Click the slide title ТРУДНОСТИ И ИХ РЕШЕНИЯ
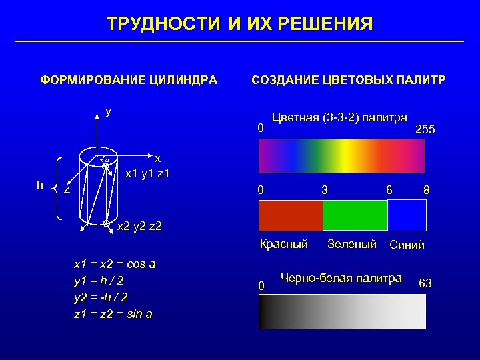click(x=240, y=25)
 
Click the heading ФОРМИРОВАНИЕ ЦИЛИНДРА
click(x=129, y=81)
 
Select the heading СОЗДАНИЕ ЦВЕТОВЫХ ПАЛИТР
click(x=349, y=81)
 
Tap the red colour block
click(x=291, y=215)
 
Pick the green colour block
click(x=355, y=215)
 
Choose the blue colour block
click(x=407, y=215)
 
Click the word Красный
click(x=283, y=244)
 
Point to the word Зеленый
click(x=352, y=244)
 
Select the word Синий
click(x=407, y=245)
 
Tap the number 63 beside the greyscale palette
click(x=425, y=283)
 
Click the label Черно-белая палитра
click(x=341, y=278)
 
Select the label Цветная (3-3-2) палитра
click(x=339, y=118)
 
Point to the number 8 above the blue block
click(x=426, y=191)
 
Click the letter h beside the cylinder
click(x=41, y=185)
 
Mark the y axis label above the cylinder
click(x=108, y=111)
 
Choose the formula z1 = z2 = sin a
click(x=113, y=313)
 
